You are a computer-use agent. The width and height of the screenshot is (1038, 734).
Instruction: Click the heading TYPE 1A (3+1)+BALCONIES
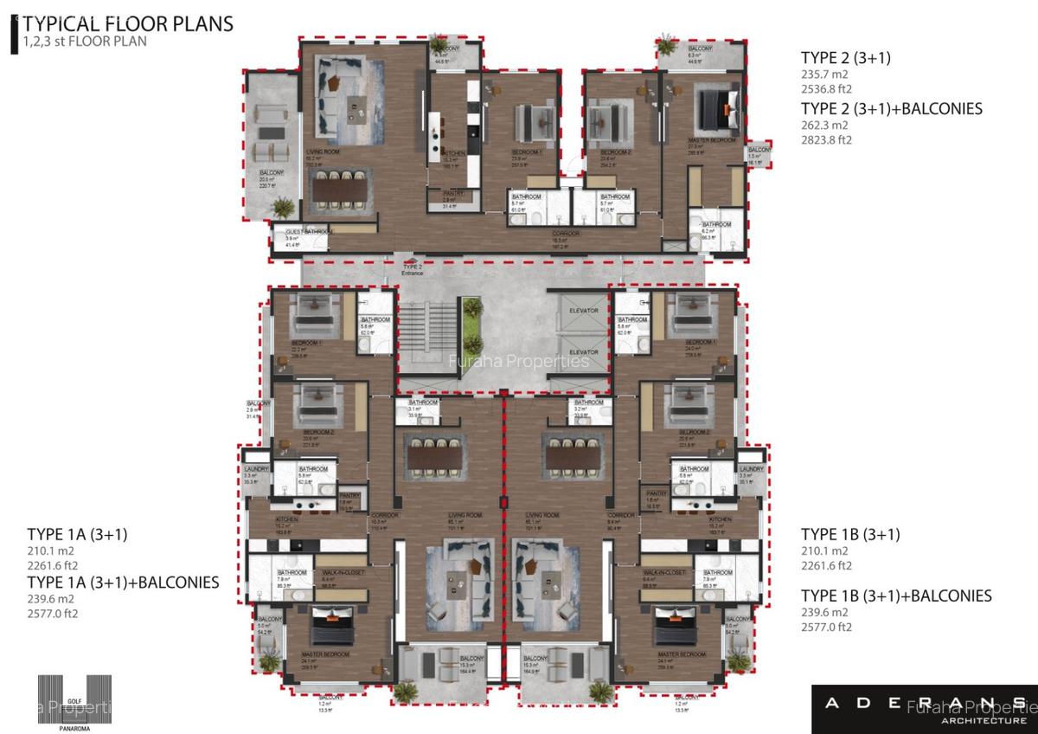(x=123, y=582)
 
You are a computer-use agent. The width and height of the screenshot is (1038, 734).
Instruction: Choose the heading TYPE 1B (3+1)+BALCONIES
(x=896, y=596)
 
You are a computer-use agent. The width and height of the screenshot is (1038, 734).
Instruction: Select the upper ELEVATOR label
(x=583, y=309)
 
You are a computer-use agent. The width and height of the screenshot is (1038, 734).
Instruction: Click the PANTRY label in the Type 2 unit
(x=453, y=193)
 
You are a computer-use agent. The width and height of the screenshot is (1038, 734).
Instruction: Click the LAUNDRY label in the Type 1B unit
(x=751, y=469)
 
